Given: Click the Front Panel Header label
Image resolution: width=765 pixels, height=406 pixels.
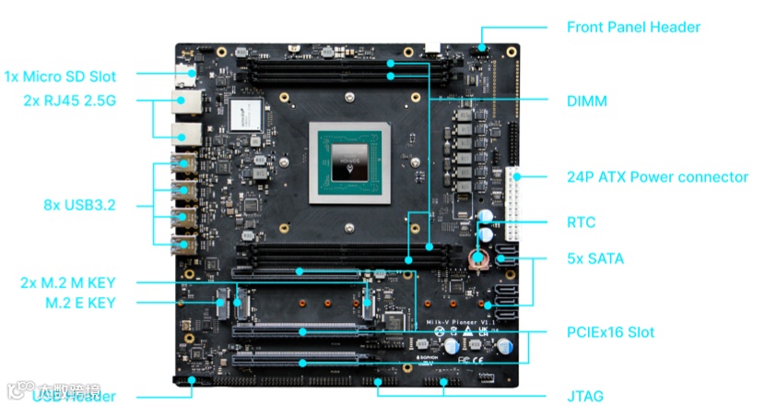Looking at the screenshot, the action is coord(633,27).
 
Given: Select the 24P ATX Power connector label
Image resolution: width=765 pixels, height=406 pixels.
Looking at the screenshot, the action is coord(656,176).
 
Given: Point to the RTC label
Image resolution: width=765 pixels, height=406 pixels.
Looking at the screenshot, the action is coord(581,222).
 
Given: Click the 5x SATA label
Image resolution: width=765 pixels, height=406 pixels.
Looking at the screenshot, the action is coord(594,258).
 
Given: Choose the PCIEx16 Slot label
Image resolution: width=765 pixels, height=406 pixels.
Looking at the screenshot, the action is coord(609,331).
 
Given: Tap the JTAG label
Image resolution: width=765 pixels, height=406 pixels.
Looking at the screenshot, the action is coord(585,397).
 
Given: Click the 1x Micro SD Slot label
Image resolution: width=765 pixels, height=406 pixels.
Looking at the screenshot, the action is coord(73,76).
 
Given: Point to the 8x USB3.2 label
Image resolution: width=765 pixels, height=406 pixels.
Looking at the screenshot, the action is coord(80,205).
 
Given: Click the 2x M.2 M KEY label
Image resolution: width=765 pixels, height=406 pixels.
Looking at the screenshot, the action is coord(68,282).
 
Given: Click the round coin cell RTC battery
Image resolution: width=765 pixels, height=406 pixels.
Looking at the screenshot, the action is coord(477,257).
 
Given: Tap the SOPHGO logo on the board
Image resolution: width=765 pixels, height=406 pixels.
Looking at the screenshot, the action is coord(425,355).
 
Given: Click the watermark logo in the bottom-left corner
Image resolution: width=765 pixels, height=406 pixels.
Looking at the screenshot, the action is coord(46,391).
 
